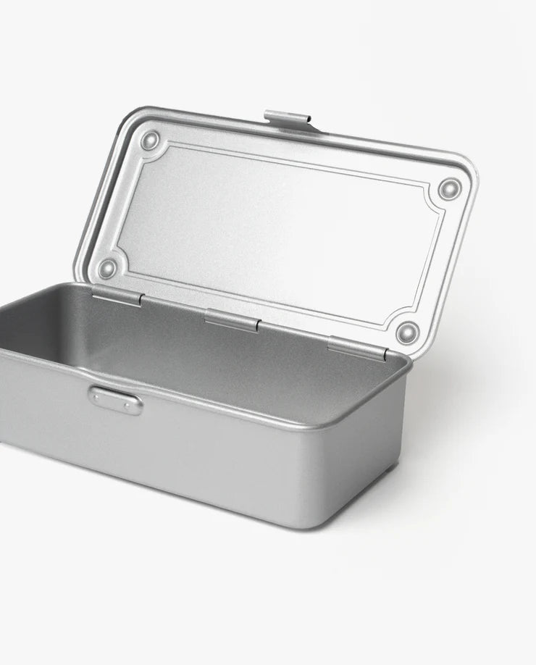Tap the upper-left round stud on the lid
(x=150, y=140)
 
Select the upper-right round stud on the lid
(x=450, y=189)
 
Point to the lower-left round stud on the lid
(x=107, y=268)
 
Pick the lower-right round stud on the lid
(x=408, y=332)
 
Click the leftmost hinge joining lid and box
(x=117, y=295)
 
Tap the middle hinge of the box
(x=232, y=320)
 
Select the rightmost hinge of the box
(x=357, y=348)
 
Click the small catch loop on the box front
(x=116, y=400)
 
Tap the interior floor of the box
(x=181, y=362)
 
